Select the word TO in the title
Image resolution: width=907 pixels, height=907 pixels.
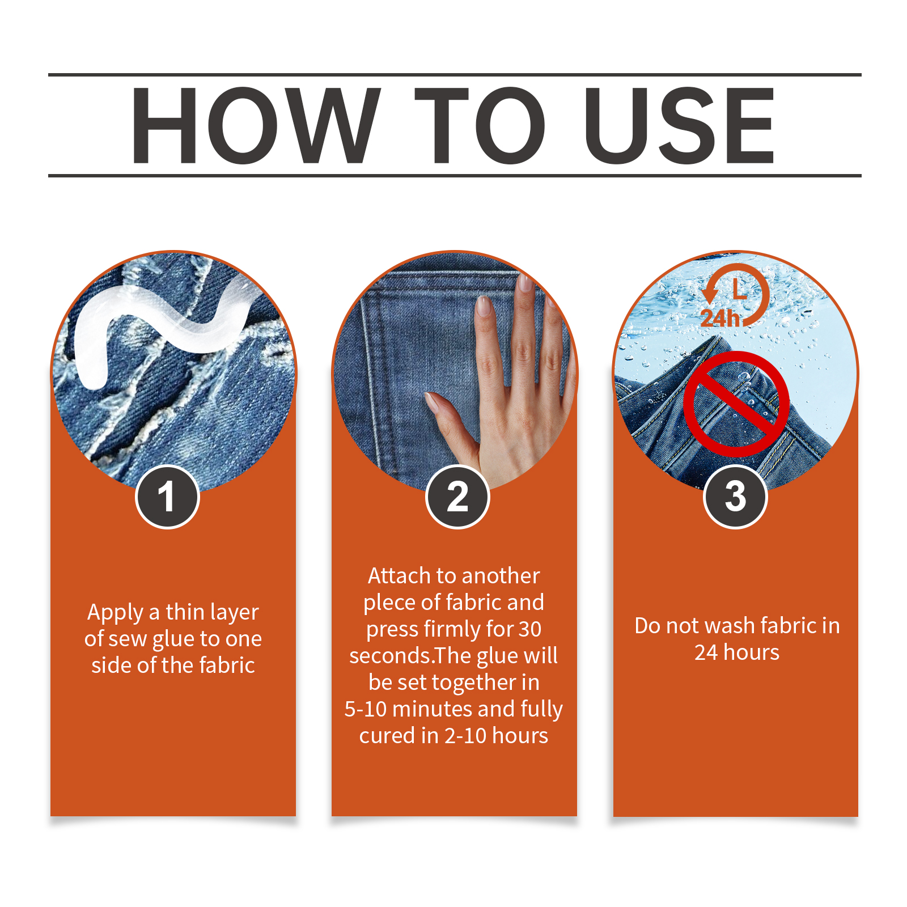(x=480, y=126)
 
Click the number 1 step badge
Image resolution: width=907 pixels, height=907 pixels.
(x=167, y=497)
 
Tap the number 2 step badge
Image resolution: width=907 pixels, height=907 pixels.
(x=457, y=497)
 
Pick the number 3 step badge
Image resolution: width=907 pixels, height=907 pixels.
(x=735, y=497)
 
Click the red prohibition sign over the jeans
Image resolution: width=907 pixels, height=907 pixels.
(x=736, y=404)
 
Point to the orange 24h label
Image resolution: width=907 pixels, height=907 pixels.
(x=720, y=318)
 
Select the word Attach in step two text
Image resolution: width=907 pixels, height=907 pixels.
(x=399, y=576)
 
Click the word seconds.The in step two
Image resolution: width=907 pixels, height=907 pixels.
(x=410, y=656)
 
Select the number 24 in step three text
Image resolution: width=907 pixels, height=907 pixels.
(x=706, y=652)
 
